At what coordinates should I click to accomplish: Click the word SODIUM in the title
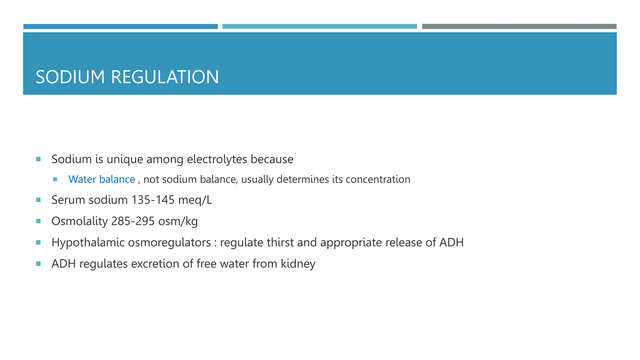[x=70, y=77]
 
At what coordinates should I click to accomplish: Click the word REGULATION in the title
[x=165, y=77]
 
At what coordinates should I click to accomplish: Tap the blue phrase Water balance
[x=102, y=179]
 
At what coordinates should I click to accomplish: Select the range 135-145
[x=153, y=200]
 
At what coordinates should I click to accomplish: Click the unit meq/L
[x=195, y=200]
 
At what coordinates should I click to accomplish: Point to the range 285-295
[x=133, y=221]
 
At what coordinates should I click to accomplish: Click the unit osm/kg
[x=178, y=221]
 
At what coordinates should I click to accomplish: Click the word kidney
[x=298, y=264]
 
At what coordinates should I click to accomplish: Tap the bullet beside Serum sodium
[x=38, y=200]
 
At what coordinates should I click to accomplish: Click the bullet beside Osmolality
[x=38, y=221]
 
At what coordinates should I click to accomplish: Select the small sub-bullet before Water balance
[x=55, y=179]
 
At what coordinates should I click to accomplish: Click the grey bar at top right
[x=519, y=27]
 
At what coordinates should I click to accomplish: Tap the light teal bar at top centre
[x=319, y=27]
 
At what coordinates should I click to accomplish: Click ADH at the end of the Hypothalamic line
[x=451, y=242]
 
